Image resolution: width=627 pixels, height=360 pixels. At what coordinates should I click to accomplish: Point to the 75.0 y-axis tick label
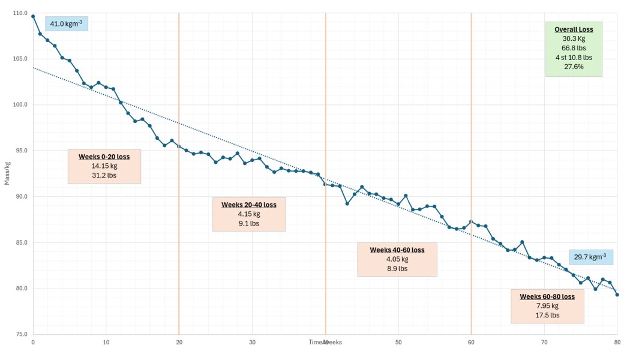tap(21, 334)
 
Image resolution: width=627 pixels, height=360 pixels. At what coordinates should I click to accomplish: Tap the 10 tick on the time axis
tap(106, 343)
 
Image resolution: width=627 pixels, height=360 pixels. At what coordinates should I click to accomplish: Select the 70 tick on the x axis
tap(544, 343)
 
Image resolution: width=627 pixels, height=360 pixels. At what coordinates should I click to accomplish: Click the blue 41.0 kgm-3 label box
tap(66, 23)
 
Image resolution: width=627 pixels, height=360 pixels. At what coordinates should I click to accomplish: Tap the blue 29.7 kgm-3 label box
tap(590, 257)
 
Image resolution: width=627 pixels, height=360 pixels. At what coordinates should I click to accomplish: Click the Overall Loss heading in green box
tap(574, 29)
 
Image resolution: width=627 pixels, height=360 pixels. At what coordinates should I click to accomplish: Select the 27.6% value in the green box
tap(574, 67)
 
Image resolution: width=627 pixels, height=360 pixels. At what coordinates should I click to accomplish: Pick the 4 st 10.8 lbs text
tap(574, 57)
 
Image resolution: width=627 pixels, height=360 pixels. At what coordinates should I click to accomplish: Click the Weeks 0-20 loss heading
tap(104, 157)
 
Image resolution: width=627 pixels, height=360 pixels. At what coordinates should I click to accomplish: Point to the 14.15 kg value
tap(104, 166)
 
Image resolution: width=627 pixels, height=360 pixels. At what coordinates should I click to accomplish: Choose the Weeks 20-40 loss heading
tap(249, 205)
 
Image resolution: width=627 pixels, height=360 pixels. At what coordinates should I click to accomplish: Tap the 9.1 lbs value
tap(249, 223)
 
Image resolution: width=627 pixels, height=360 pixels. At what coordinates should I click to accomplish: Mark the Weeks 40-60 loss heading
tap(397, 250)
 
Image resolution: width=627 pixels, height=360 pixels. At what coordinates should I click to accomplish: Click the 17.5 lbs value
tap(547, 315)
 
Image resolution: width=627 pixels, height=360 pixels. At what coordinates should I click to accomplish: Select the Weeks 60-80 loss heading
tap(547, 296)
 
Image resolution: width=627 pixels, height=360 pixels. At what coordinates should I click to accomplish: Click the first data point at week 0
tap(33, 16)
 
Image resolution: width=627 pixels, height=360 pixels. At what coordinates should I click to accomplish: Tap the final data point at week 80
tap(617, 295)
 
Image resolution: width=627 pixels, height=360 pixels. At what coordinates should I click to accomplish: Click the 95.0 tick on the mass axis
tap(21, 151)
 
